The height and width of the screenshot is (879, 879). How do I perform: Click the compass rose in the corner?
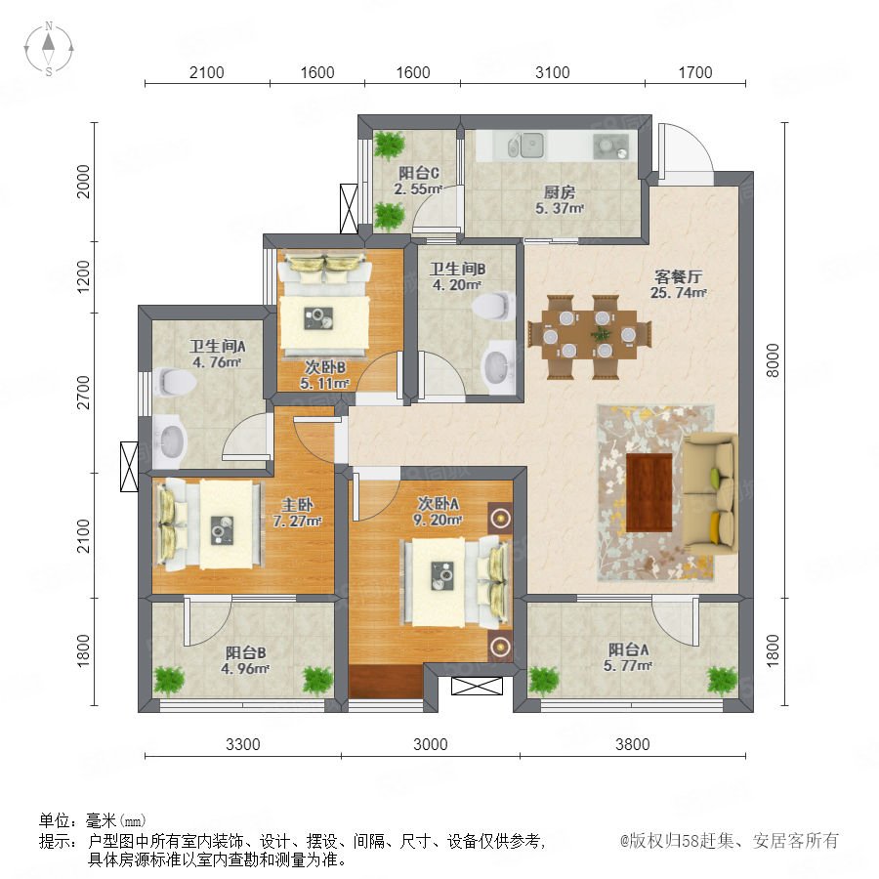pyautogui.click(x=49, y=49)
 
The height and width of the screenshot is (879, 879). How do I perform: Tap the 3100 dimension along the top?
pyautogui.click(x=552, y=72)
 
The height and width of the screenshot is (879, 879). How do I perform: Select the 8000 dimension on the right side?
pyautogui.click(x=773, y=360)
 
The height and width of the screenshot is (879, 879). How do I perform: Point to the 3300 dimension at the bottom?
pyautogui.click(x=243, y=744)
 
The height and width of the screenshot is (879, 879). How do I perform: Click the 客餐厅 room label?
pyautogui.click(x=679, y=276)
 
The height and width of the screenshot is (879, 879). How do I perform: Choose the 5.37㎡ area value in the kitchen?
pyautogui.click(x=560, y=209)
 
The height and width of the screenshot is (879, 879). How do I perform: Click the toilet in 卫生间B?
pyautogui.click(x=494, y=306)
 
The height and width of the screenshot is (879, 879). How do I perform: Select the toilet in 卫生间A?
pyautogui.click(x=175, y=382)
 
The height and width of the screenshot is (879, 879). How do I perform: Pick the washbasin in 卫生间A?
pyautogui.click(x=169, y=441)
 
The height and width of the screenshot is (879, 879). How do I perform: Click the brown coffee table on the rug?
pyautogui.click(x=649, y=492)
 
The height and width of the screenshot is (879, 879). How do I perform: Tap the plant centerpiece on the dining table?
pyautogui.click(x=601, y=335)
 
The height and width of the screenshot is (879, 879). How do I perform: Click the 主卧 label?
pyautogui.click(x=298, y=505)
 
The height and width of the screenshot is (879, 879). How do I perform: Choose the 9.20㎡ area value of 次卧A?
pyautogui.click(x=438, y=520)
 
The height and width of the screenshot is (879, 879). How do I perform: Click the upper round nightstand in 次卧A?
pyautogui.click(x=500, y=517)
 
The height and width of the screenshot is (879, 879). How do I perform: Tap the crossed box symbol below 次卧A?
pyautogui.click(x=477, y=686)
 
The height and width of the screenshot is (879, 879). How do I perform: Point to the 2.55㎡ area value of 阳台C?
pyautogui.click(x=418, y=189)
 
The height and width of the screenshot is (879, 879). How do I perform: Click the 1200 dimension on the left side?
pyautogui.click(x=83, y=276)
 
